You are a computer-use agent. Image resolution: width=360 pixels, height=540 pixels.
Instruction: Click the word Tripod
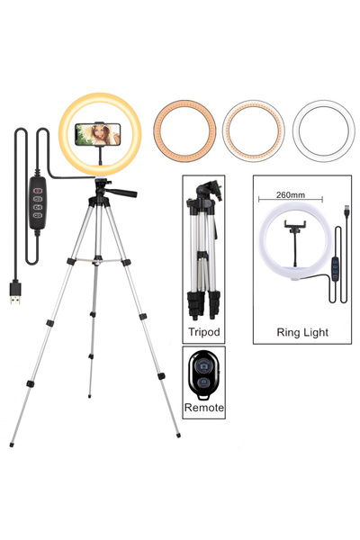click(203, 331)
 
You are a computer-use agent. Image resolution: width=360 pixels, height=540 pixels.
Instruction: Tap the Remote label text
click(204, 408)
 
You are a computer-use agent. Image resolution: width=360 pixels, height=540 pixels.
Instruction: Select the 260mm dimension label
click(291, 195)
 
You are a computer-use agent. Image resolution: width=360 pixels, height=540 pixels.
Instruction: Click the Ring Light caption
click(302, 332)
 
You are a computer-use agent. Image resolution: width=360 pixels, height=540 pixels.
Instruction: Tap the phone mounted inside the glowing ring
click(98, 134)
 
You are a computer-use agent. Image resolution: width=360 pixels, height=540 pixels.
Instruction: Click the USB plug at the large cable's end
click(15, 293)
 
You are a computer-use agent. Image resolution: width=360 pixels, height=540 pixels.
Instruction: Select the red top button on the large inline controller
click(38, 191)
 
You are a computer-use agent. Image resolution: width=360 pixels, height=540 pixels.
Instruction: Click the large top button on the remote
click(204, 365)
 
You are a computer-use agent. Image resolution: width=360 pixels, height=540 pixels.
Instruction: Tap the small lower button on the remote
click(204, 382)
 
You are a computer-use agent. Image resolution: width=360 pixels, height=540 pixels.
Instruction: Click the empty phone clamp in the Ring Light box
click(295, 225)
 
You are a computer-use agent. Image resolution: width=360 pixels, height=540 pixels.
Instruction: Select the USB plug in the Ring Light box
click(346, 211)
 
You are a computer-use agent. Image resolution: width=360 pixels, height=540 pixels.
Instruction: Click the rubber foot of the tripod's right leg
click(178, 436)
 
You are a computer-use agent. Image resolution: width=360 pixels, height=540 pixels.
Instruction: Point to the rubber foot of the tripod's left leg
click(12, 445)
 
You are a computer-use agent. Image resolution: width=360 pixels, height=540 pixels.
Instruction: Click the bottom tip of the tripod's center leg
click(90, 396)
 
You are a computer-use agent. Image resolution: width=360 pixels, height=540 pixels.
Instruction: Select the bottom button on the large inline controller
click(38, 216)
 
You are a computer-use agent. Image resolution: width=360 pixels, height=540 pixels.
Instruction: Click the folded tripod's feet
click(203, 305)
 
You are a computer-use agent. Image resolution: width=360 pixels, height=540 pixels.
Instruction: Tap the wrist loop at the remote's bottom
click(204, 396)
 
